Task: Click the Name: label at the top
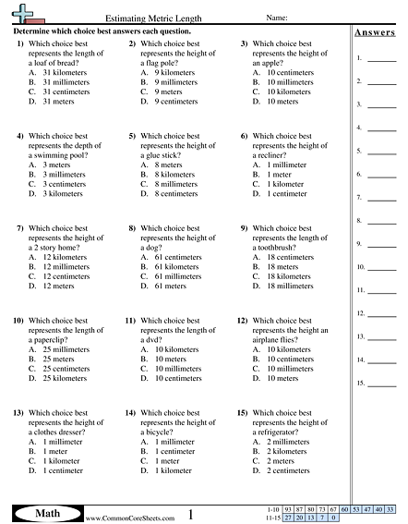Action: click(x=279, y=18)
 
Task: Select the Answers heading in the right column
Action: click(x=374, y=33)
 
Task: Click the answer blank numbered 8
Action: click(x=381, y=222)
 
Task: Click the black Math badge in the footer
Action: click(x=46, y=512)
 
